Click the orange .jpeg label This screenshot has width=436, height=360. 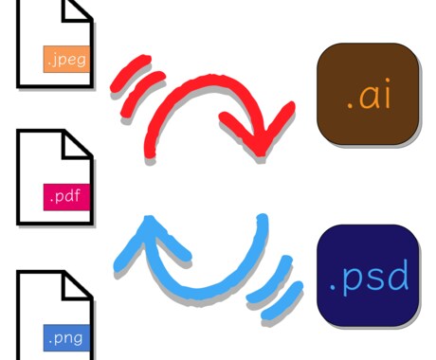coord(66,59)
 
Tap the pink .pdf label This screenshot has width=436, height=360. coord(66,197)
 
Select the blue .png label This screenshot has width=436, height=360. coord(66,337)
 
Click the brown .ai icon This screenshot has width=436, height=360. coord(368,94)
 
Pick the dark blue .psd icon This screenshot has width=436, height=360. coord(368,276)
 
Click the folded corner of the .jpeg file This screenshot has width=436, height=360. coord(77,10)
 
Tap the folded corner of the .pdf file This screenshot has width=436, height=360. coord(78,145)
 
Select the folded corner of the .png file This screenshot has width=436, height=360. coord(78,286)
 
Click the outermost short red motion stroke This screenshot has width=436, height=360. coord(130,73)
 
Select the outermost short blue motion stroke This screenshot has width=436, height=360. coord(282,301)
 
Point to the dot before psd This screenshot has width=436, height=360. coord(332,288)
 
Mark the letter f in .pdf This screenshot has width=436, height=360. coord(77,195)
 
